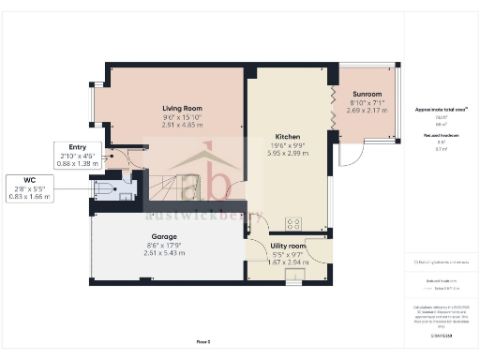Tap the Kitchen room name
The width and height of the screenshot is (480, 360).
287,136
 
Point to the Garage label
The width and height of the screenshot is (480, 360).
165,236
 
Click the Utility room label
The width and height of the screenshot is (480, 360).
288,245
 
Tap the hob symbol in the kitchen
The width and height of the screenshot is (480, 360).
292,223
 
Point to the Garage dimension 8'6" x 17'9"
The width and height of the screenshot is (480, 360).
165,246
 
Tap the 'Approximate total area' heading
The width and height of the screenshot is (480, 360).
441,109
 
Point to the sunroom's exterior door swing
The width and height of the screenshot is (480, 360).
348,155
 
